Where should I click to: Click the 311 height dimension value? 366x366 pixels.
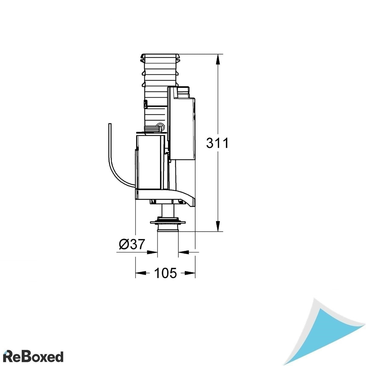tap(217, 143)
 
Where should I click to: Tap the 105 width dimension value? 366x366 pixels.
tap(165, 273)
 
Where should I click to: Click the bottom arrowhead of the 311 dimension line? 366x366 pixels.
tap(217, 226)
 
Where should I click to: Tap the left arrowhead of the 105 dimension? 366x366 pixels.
tap(140, 273)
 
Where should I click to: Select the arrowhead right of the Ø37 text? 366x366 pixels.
tap(152, 252)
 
